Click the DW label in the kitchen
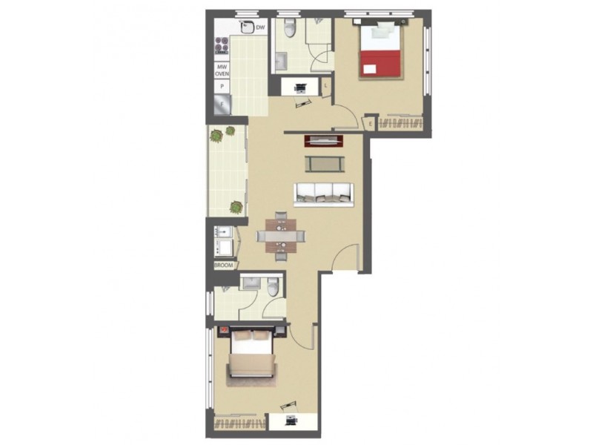pos(260,28)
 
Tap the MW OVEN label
pos(221,70)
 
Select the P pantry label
pos(221,88)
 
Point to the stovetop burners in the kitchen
pos(221,48)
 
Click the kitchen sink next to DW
pos(245,27)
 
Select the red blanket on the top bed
pos(381,63)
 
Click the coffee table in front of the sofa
pos(324,162)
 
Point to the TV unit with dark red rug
pos(324,139)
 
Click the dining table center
pos(281,237)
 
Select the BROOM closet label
pos(223,265)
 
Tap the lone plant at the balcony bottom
pos(236,207)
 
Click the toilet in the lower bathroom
pos(274,288)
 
